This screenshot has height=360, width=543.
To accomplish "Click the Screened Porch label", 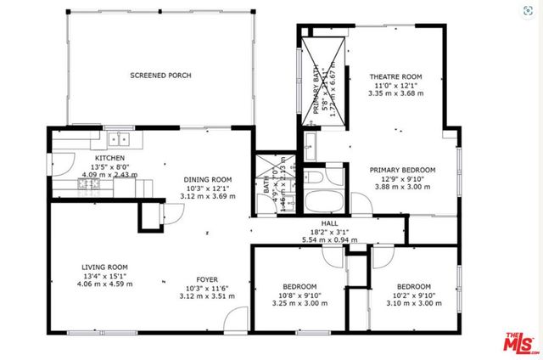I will click(160, 76).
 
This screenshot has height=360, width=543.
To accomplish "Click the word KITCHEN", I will click(109, 158).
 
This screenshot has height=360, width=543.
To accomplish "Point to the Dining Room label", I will click(208, 179).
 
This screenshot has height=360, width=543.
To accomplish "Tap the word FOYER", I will click(208, 278).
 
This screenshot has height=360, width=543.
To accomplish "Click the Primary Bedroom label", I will click(402, 170).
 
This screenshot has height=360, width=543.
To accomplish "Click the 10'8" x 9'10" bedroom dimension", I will click(299, 295).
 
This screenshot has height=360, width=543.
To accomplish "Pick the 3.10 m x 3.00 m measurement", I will click(414, 303).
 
